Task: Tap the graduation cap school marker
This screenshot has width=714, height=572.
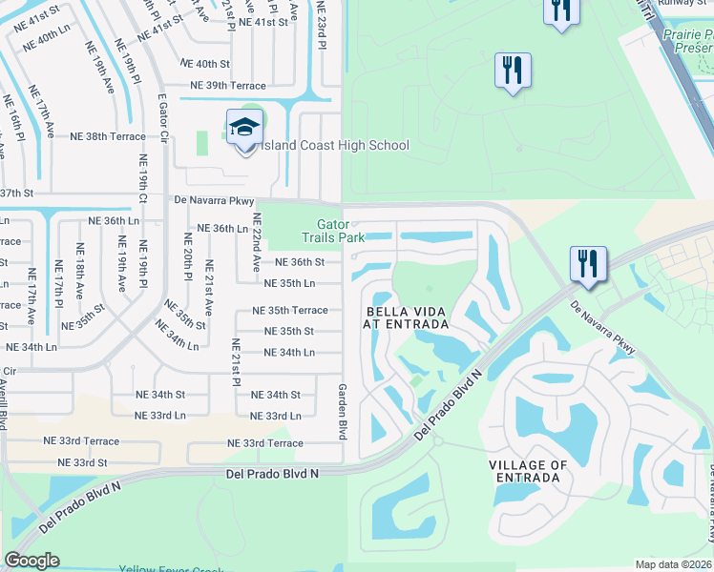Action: [244, 128]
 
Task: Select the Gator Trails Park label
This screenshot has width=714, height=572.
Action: [333, 231]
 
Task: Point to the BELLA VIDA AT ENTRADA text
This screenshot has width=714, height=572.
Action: [406, 317]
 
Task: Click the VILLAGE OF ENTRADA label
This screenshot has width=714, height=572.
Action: [528, 471]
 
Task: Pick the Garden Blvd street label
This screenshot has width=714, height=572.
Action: [341, 411]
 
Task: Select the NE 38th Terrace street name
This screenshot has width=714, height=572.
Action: [108, 136]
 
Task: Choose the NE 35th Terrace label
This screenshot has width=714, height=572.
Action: [289, 311]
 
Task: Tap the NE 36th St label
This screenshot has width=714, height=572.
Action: [300, 262]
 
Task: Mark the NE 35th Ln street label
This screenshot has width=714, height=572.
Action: [289, 283]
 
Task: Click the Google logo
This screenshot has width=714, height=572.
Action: [31, 561]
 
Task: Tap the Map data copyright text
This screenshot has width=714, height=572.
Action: [674, 564]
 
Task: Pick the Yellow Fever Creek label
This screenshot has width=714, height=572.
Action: [171, 568]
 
